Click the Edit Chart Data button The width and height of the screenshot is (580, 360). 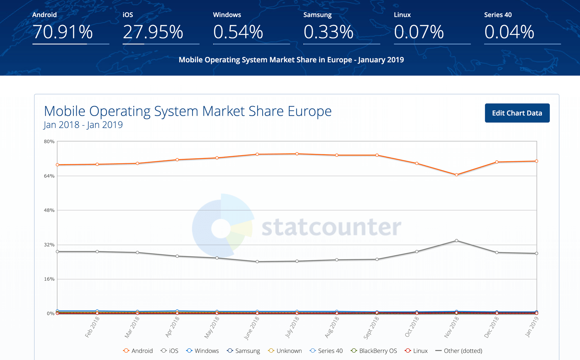tap(517, 113)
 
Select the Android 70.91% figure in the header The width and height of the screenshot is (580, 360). tap(62, 32)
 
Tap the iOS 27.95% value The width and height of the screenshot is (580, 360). tap(153, 32)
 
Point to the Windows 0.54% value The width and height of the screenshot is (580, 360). tap(238, 32)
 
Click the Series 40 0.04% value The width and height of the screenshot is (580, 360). tap(509, 32)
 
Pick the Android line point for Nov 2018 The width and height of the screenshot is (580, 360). tap(456, 175)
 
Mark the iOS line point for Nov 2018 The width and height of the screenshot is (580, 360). tap(456, 241)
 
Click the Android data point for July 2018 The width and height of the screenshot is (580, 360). tap(297, 154)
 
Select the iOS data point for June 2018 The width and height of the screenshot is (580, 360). tap(257, 262)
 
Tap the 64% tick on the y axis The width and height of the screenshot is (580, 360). tap(49, 176)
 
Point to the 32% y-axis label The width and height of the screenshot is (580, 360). tap(49, 245)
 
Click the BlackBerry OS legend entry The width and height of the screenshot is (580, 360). tap(373, 351)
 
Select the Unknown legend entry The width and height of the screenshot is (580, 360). tap(285, 351)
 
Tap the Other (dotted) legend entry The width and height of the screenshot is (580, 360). tap(459, 351)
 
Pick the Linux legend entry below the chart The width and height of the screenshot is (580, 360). tap(416, 351)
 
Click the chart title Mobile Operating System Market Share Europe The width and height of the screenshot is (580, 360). tap(188, 112)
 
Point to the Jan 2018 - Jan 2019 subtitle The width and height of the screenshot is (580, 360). tap(83, 125)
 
